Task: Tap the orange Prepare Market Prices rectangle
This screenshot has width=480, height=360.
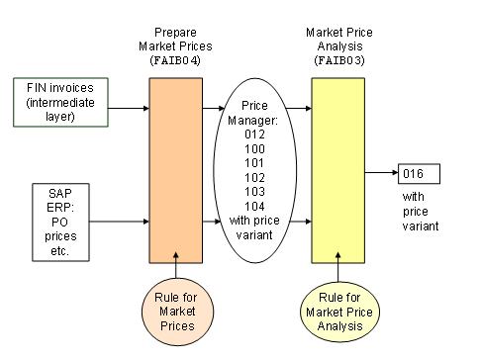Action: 176,169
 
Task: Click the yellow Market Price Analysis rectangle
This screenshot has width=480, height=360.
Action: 338,169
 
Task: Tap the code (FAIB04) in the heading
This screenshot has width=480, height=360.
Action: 176,59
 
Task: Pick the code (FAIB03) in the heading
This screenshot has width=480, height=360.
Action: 338,59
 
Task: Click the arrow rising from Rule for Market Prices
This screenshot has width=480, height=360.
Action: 176,272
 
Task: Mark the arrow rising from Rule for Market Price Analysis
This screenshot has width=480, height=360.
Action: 338,272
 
